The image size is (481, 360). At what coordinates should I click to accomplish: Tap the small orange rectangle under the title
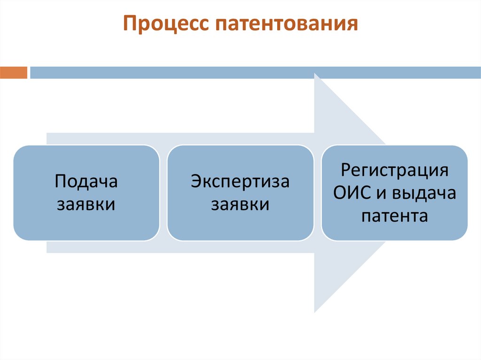coord(14,73)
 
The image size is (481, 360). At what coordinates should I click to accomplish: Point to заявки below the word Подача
coord(86,205)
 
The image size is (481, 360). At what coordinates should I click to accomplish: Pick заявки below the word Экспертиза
coord(240,205)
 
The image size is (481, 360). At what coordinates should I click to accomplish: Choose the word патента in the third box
coord(394,216)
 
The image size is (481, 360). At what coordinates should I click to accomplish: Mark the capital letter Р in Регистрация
coord(346,170)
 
